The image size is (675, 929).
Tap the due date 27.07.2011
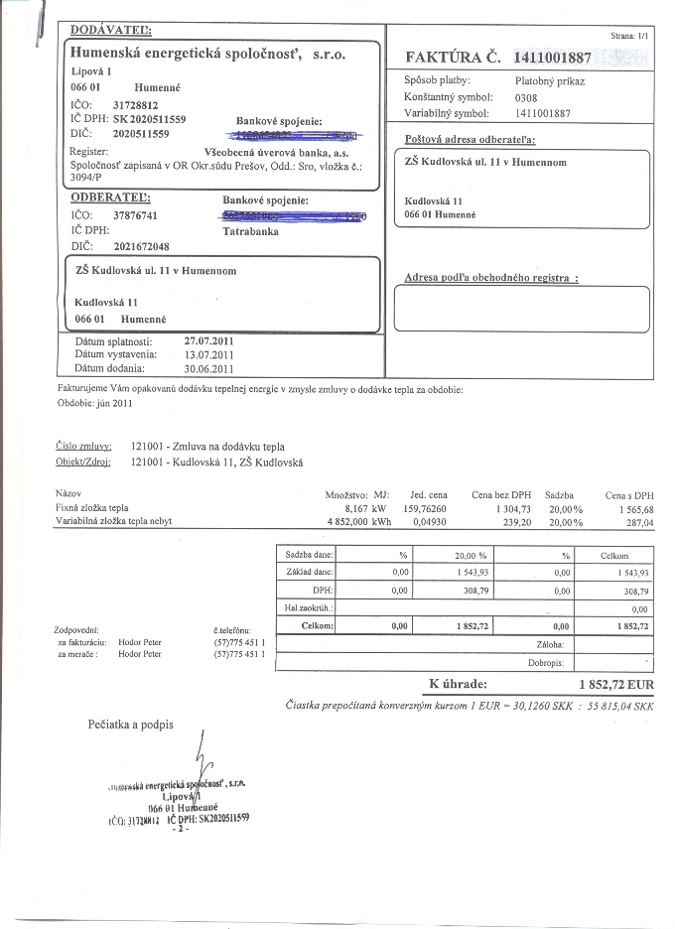209,340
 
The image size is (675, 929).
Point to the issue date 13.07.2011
209,354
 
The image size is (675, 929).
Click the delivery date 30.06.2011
209,368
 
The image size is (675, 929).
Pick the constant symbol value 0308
526,98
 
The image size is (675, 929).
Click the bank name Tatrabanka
251,230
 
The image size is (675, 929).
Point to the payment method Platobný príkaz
550,80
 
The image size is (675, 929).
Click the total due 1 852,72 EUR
615,685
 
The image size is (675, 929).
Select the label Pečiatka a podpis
130,725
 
